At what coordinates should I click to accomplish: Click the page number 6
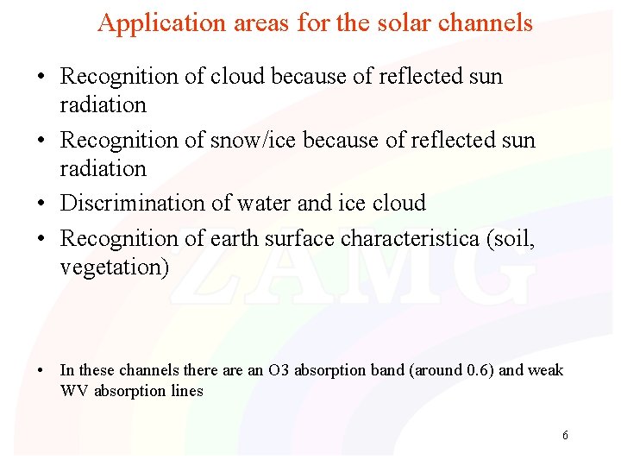pos(565,435)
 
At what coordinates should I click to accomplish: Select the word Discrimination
pos(132,204)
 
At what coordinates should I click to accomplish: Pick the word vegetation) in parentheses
pos(115,268)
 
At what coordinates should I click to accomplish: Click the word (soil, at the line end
pos(511,237)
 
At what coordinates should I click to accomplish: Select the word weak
pos(545,370)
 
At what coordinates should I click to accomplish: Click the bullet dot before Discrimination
pos(41,205)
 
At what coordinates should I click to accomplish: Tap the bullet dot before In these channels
pos(41,371)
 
